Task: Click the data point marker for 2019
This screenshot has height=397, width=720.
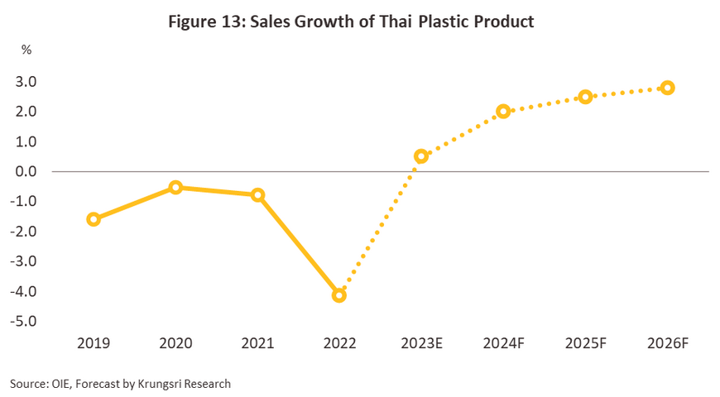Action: coord(94,219)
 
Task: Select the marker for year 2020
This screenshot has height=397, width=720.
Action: coord(175,187)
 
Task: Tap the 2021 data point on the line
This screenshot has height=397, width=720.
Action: coord(257,195)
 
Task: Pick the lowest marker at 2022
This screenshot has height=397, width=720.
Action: coord(338,295)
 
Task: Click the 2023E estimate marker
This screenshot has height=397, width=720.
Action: coord(420,156)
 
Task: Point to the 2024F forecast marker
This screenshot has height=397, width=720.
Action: coord(503,111)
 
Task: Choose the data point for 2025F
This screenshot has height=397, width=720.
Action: coord(585,97)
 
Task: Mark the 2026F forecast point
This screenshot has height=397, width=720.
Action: coord(667,88)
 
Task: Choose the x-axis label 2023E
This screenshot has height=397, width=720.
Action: coord(420,342)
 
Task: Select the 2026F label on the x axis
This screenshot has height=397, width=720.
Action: coord(667,342)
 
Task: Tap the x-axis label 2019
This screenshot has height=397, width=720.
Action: coord(94,342)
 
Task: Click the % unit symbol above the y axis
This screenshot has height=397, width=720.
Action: coord(26,50)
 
